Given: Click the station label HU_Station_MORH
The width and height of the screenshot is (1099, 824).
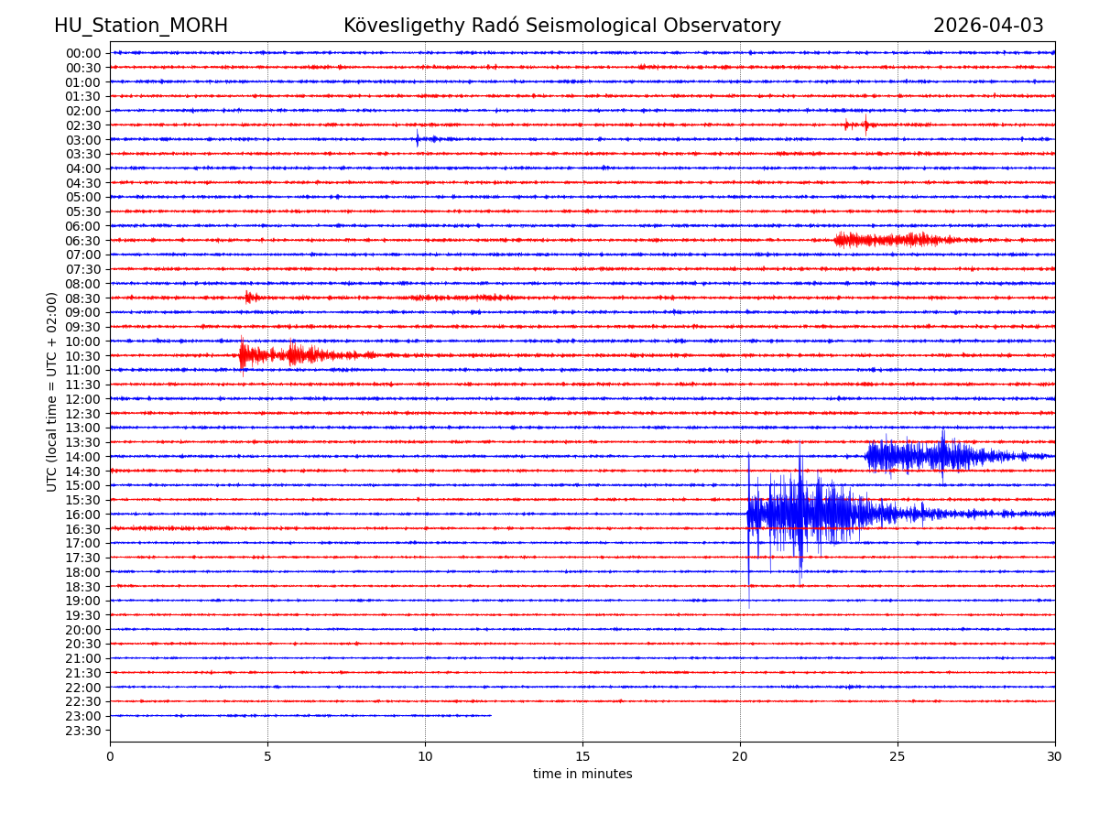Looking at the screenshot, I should (140, 26).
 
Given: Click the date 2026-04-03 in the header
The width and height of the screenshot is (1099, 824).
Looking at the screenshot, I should (988, 26).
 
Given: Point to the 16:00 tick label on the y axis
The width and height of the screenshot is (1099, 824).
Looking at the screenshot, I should (83, 515).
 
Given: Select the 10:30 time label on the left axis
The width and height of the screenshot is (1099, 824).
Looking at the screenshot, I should (83, 356).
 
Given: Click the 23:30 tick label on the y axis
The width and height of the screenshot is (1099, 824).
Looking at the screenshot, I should (83, 731).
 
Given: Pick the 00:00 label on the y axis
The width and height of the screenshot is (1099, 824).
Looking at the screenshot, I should (83, 53).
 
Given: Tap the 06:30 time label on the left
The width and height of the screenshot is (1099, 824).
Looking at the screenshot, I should (83, 241).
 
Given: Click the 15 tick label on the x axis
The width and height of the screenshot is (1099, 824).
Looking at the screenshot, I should (582, 757).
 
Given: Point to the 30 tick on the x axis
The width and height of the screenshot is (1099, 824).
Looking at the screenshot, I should (1055, 757).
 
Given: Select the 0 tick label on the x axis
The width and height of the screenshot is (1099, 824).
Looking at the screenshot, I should (110, 757).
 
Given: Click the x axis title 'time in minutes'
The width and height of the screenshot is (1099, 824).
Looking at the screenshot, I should (582, 775).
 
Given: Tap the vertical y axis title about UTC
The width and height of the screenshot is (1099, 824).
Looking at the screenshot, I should (52, 392).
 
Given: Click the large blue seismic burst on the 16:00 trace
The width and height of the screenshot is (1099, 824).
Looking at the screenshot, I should (801, 513).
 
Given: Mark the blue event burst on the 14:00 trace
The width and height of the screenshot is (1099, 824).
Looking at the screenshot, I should (925, 456).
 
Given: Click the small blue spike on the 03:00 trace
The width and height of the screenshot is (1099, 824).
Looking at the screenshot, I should (418, 139).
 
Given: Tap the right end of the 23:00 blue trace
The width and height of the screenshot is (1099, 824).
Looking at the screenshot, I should (490, 716).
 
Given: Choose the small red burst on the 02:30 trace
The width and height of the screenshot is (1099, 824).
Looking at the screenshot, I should (859, 125).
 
